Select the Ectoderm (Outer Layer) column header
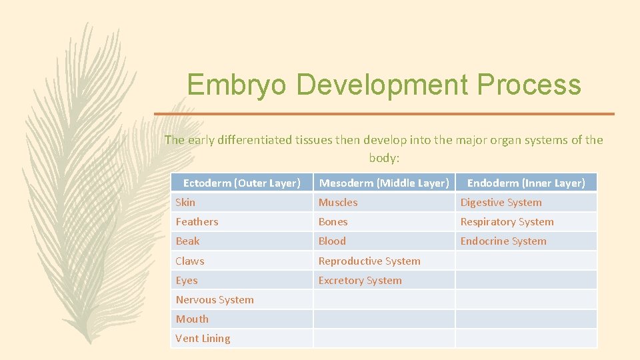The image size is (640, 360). tap(241, 183)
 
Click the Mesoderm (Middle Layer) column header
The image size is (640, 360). tap(384, 183)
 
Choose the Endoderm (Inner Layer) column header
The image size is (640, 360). tap(526, 183)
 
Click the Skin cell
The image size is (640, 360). tap(186, 202)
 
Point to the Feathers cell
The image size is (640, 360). tap(197, 221)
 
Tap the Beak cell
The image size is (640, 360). tap(187, 241)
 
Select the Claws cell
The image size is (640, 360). tap(190, 261)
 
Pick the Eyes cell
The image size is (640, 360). tap(187, 281)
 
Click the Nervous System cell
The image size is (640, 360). tap(215, 300)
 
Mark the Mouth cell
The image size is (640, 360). tap(192, 319)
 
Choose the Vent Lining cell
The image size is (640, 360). tap(203, 338)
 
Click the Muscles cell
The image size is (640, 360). tap(338, 202)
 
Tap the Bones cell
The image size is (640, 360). tap(333, 221)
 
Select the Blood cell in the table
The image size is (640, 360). tap(332, 241)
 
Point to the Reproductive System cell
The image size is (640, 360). tap(369, 261)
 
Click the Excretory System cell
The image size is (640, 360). tap(360, 281)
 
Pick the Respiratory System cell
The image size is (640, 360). tap(507, 221)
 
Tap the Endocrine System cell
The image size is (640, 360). tap(503, 241)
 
